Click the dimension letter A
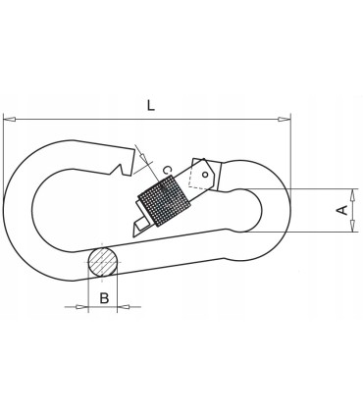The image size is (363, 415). click(340, 209)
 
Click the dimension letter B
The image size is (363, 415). click(103, 298)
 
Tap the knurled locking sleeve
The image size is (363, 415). click(165, 201)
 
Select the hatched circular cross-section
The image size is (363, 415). click(102, 262)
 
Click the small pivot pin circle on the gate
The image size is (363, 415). click(204, 176)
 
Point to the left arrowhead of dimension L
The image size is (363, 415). click(9, 120)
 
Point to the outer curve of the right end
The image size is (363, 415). click(290, 209)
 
